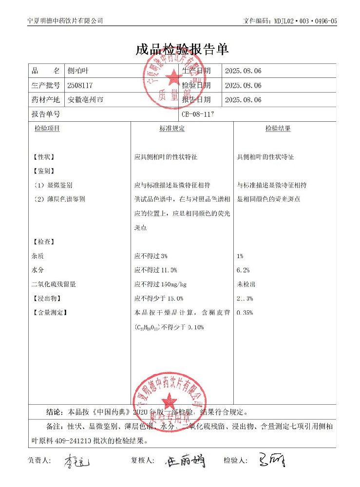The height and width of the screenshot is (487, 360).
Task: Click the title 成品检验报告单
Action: point(182,49)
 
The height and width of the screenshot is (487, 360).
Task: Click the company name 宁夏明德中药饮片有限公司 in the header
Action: point(66,21)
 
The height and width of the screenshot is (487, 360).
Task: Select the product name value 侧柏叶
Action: point(78,71)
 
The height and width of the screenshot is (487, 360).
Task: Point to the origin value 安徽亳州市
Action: point(85,100)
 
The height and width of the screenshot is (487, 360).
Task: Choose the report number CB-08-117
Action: point(198,114)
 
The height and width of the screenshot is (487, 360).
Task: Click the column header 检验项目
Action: point(47,129)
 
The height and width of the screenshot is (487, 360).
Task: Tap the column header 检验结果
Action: point(278,129)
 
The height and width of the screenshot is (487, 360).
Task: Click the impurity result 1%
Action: point(240,256)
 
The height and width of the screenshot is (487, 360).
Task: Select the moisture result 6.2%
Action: point(243,270)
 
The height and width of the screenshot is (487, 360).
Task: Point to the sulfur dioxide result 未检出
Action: point(246,284)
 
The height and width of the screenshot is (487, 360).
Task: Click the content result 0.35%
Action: point(245,313)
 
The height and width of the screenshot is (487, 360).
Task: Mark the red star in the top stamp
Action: point(171,76)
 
